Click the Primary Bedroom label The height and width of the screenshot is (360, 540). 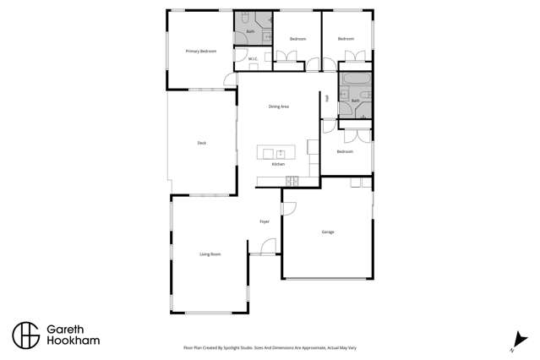(201, 52)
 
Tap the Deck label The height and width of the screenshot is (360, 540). (202, 143)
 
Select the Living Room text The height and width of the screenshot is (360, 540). (210, 254)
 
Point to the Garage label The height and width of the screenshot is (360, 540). (328, 232)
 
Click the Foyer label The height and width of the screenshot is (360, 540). (265, 221)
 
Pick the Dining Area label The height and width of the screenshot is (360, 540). (279, 106)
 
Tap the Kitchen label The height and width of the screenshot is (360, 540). (278, 164)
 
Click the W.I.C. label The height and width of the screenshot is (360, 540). (252, 58)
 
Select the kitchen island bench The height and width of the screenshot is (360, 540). (277, 153)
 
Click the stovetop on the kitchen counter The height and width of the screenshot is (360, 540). (292, 180)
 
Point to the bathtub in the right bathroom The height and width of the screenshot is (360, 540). (355, 82)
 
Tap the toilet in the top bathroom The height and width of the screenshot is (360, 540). (243, 19)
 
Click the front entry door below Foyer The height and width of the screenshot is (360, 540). (268, 247)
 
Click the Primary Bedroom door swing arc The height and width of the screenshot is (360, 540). (229, 80)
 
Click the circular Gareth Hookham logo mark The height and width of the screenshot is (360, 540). (25, 335)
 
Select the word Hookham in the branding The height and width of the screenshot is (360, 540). (74, 341)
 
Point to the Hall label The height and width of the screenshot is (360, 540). (326, 98)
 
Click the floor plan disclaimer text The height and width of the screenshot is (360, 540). (270, 347)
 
